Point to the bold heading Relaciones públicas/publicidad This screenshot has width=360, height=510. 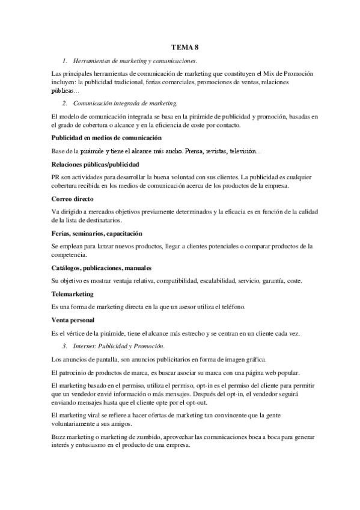pos(96,164)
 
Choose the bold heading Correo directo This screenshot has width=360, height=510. pos(72,198)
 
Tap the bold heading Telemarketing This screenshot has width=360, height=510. pos(73,294)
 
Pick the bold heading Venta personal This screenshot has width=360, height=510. pos(73,320)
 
